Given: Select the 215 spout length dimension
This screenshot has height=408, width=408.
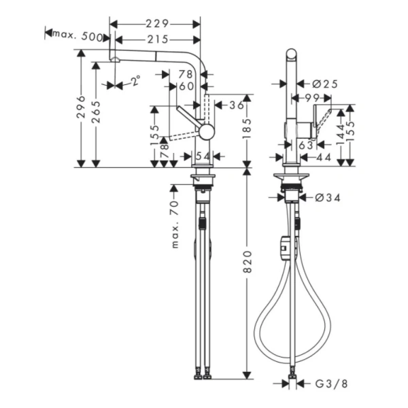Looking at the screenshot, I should click(x=156, y=40).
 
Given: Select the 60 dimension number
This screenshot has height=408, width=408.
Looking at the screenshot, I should click(x=186, y=86).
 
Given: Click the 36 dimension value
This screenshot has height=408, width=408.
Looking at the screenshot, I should click(x=236, y=105).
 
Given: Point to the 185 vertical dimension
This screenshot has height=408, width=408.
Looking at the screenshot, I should click(x=247, y=126).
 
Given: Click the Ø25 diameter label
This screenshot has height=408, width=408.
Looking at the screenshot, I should click(x=325, y=84).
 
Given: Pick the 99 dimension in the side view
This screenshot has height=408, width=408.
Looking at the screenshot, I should click(x=313, y=99).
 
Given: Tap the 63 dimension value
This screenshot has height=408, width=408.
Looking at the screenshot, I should click(x=305, y=144).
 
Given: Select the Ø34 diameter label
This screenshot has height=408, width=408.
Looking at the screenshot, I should click(x=328, y=197).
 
